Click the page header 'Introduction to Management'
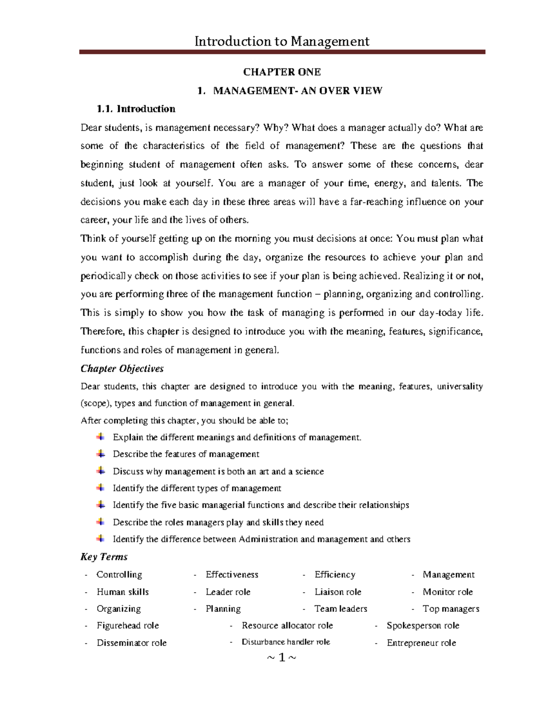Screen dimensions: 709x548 point(282,42)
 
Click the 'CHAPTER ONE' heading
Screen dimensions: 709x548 point(282,72)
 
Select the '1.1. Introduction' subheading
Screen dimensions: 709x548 point(136,109)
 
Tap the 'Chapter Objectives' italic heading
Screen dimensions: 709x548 point(122,368)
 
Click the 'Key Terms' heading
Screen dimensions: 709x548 point(104,557)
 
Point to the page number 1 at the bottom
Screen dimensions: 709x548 point(282,657)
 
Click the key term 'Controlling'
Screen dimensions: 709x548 point(119,574)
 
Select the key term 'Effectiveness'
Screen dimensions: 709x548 point(232,574)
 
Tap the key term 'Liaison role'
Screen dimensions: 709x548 point(337,592)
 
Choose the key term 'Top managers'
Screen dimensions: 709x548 point(451,609)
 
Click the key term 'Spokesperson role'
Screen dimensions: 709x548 point(422,625)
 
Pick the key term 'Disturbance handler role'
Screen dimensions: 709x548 point(285,642)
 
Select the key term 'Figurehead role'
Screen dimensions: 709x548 point(127,625)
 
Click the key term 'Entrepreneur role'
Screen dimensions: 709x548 point(421,643)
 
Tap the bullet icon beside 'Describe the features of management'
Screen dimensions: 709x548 point(100,454)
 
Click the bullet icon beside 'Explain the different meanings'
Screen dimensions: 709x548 point(100,437)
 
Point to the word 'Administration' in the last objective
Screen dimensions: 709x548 point(268,539)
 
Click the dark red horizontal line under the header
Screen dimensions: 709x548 point(282,52)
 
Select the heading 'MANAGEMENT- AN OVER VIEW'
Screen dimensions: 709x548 point(297,91)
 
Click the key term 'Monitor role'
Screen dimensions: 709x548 point(448,592)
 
